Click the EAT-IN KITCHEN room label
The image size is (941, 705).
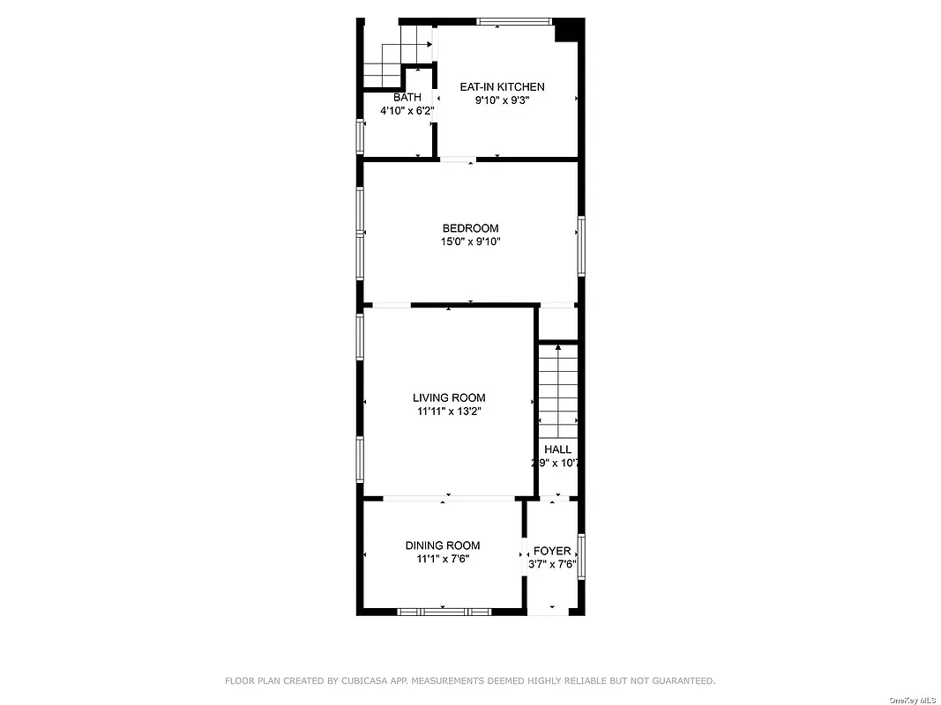pyautogui.click(x=502, y=87)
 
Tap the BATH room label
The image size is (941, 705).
pyautogui.click(x=407, y=97)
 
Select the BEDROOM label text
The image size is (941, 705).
pyautogui.click(x=470, y=228)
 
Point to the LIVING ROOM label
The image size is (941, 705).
pyautogui.click(x=449, y=397)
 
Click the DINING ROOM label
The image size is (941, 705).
pyautogui.click(x=443, y=545)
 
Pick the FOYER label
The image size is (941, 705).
pyautogui.click(x=552, y=551)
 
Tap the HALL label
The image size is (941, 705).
pyautogui.click(x=557, y=449)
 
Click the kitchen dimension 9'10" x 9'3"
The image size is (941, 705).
pyautogui.click(x=502, y=100)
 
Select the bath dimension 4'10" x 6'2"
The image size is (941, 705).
pyautogui.click(x=407, y=111)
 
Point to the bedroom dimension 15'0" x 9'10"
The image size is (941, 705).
pyautogui.click(x=470, y=241)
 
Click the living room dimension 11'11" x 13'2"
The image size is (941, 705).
pyautogui.click(x=449, y=411)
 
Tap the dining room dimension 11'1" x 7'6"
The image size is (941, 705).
pyautogui.click(x=443, y=559)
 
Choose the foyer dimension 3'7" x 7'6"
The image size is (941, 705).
pyautogui.click(x=552, y=564)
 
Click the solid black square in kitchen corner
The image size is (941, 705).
pyautogui.click(x=568, y=30)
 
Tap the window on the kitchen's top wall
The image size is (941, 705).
pyautogui.click(x=514, y=21)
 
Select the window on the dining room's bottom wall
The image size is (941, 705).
pyautogui.click(x=444, y=611)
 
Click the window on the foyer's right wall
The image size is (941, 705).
pyautogui.click(x=580, y=555)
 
